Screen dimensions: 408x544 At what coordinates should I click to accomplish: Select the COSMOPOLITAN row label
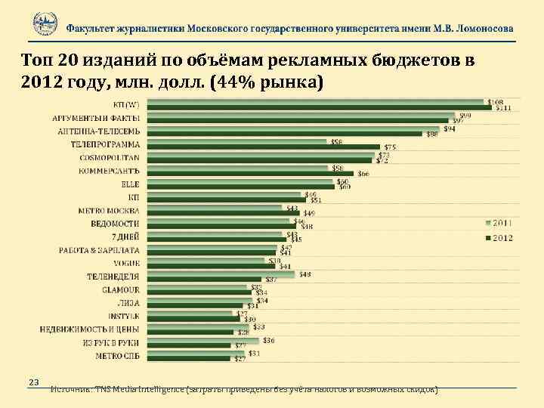tap(110, 157)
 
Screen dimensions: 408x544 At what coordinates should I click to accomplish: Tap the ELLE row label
tap(130, 184)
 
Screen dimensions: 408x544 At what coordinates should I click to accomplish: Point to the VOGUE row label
tap(125, 263)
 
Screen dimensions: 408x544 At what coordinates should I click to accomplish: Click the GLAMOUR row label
tap(120, 289)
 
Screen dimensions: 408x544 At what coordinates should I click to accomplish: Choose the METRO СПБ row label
tap(117, 355)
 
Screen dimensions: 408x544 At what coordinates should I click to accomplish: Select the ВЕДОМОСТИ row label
tap(115, 224)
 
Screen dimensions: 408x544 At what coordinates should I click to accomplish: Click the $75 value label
tap(390, 147)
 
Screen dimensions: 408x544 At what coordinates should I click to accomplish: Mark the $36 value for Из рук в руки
tap(269, 340)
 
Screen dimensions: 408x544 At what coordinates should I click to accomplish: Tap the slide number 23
tap(33, 382)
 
